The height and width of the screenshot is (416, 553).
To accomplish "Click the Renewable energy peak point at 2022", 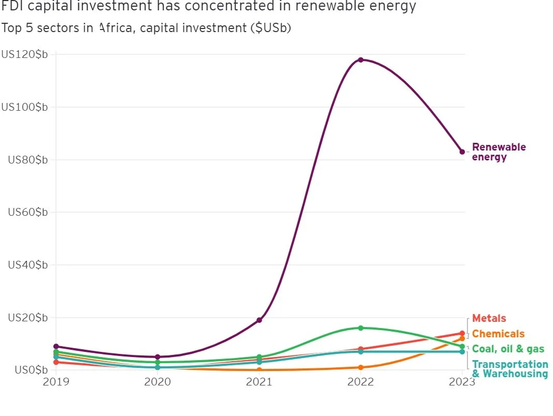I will [361, 60].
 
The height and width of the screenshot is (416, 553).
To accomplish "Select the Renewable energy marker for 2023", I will [462, 152].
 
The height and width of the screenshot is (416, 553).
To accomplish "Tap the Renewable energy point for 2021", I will [259, 320].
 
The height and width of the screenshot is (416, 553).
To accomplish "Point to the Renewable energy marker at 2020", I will [158, 357].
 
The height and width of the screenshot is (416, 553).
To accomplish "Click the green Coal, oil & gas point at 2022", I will [361, 328].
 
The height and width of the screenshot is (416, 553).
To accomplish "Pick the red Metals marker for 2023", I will [462, 334].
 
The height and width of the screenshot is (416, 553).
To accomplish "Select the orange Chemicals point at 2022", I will [361, 367].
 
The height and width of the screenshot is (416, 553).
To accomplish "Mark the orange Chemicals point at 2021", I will [259, 370].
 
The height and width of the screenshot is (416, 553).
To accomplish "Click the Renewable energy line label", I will [499, 152].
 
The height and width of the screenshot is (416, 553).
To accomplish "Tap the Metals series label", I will [489, 318].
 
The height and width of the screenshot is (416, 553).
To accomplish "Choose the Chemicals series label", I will [498, 334].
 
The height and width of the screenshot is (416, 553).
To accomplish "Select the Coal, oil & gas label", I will [508, 349].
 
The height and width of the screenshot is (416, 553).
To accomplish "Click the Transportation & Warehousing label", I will [510, 369].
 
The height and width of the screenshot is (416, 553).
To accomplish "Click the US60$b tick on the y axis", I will [28, 212].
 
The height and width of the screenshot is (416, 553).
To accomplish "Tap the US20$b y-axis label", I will [28, 317].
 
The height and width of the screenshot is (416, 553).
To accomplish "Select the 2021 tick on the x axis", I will [259, 382].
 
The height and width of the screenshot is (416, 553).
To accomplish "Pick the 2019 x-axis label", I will [55, 382].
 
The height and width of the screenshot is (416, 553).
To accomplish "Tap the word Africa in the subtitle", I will [114, 28].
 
